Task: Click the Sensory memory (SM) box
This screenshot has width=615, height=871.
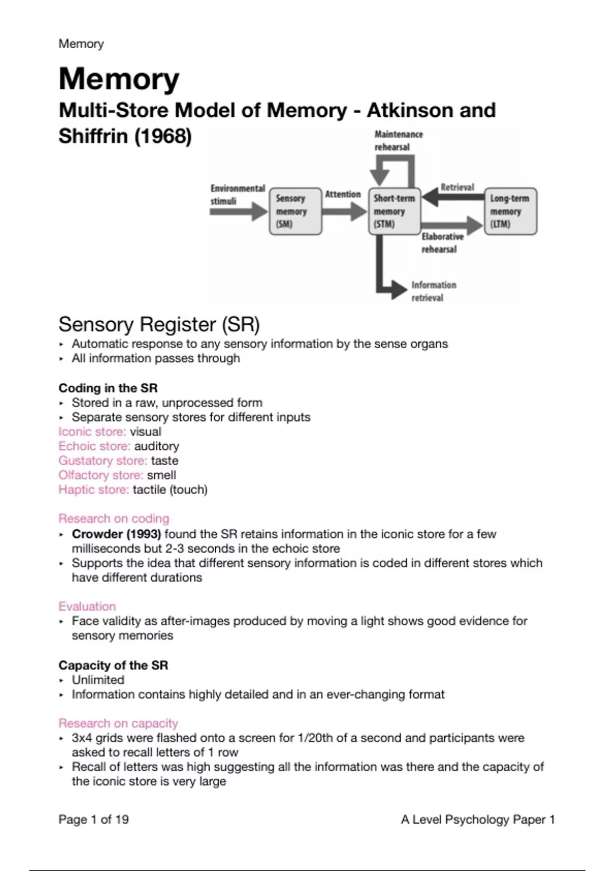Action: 295,211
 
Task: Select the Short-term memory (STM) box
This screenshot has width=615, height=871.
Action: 394,211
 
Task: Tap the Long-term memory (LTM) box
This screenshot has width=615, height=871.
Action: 510,211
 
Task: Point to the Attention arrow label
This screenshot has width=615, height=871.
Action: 343,194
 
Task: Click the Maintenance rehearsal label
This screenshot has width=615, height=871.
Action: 398,140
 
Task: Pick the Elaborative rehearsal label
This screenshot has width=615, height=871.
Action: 442,243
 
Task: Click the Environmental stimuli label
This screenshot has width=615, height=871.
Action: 237,195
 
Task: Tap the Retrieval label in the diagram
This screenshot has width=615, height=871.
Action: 457,188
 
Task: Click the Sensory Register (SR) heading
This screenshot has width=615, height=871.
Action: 159,324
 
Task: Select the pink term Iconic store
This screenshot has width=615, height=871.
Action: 92,431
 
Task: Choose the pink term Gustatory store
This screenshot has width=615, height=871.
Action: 102,461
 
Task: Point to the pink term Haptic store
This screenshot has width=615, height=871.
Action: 94,489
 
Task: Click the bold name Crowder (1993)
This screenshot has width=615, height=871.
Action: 116,534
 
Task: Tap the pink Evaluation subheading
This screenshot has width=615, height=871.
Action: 87,606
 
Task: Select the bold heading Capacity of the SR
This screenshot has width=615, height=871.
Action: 113,665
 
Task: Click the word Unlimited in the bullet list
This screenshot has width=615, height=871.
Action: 98,680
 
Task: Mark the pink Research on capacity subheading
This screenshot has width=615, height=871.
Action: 118,723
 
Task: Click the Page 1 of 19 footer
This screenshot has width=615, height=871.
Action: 94,819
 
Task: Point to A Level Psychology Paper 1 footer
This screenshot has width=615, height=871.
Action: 478,819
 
